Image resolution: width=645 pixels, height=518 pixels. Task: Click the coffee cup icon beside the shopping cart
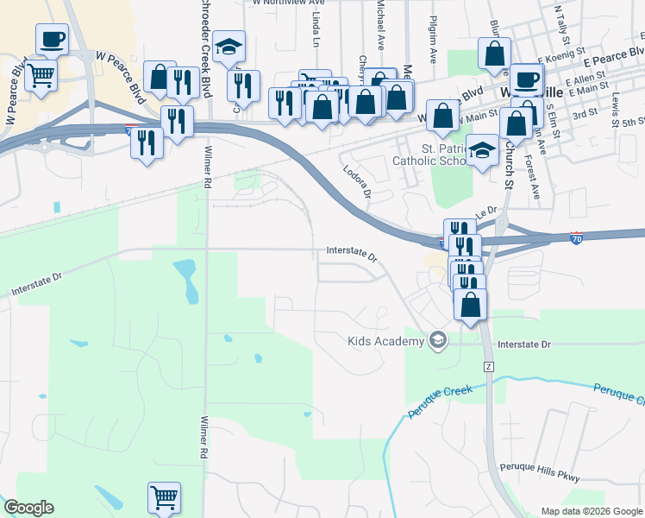tap(52, 39)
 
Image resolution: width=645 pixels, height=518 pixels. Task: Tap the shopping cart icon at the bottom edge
tap(164, 497)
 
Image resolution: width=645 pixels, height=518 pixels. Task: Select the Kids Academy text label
tap(386, 341)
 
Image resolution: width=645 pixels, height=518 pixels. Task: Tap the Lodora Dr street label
tap(356, 183)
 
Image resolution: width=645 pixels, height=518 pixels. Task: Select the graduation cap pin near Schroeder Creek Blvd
tap(229, 49)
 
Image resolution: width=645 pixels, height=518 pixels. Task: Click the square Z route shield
tap(489, 367)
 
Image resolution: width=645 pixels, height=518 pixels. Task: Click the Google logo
tap(28, 508)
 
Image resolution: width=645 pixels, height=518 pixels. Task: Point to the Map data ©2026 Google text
tap(591, 511)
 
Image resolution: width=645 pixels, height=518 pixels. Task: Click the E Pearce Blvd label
tap(608, 64)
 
